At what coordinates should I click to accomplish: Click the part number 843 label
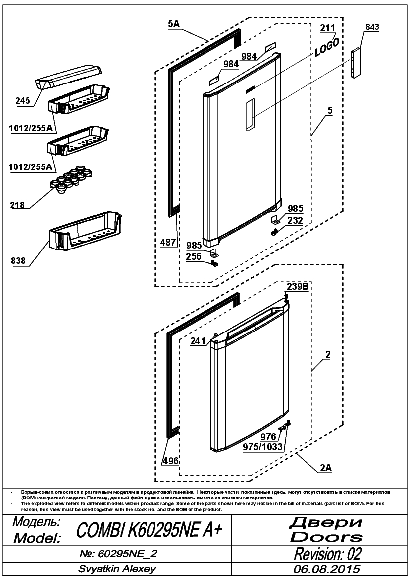coord(372,27)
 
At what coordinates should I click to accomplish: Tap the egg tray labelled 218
coord(70,179)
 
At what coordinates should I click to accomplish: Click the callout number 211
coord(328,27)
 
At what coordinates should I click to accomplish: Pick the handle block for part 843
coord(357,62)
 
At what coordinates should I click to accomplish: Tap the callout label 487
coord(168,242)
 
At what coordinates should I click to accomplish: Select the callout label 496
coord(170,461)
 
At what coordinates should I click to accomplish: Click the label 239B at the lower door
coord(298,286)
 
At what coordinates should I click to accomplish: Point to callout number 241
coord(198,341)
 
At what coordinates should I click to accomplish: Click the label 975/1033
coord(263,447)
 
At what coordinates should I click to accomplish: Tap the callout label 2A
coord(326,468)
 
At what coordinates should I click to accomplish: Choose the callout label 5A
coord(174,24)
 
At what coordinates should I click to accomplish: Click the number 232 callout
coord(295,220)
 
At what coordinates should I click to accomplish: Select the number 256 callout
coord(194,256)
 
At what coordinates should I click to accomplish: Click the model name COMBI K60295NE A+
coord(149,530)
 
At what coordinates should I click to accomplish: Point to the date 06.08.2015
coord(327,569)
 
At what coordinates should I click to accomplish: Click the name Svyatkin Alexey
coord(117,569)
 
